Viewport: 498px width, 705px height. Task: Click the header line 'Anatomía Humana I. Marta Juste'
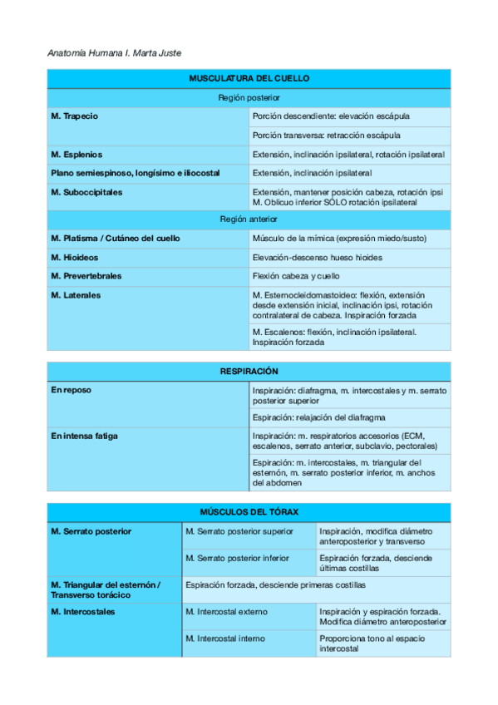pyautogui.click(x=115, y=53)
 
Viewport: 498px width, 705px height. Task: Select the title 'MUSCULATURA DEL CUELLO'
pyautogui.click(x=249, y=78)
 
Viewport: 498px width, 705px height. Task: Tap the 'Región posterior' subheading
pyautogui.click(x=249, y=97)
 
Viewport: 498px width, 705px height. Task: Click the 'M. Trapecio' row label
pyautogui.click(x=75, y=116)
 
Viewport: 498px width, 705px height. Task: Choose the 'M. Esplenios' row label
pyautogui.click(x=76, y=155)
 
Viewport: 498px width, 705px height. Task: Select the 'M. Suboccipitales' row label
pyautogui.click(x=86, y=192)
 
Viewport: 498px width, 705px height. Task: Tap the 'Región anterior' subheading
pyautogui.click(x=249, y=219)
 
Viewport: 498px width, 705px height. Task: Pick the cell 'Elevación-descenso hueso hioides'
pyautogui.click(x=318, y=257)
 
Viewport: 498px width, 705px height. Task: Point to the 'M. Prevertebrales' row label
pyautogui.click(x=86, y=276)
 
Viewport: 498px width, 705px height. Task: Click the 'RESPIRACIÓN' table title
pyautogui.click(x=249, y=371)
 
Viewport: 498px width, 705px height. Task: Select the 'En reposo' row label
pyautogui.click(x=71, y=390)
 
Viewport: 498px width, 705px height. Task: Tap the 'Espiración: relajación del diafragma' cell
pyautogui.click(x=318, y=417)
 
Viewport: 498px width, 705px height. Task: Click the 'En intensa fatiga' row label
pyautogui.click(x=84, y=436)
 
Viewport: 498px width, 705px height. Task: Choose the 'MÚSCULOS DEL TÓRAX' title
pyautogui.click(x=249, y=511)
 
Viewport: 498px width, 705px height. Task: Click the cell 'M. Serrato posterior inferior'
pyautogui.click(x=238, y=559)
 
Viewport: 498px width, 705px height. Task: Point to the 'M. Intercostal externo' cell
pyautogui.click(x=226, y=612)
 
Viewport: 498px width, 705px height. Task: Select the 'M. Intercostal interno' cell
pyautogui.click(x=225, y=638)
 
